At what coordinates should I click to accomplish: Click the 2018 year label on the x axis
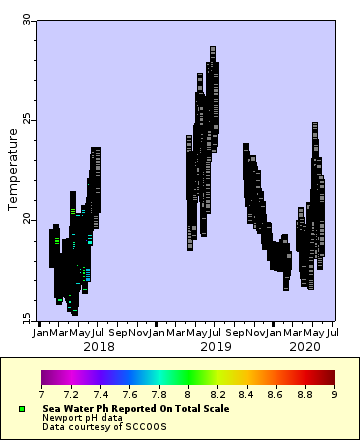coord(98,346)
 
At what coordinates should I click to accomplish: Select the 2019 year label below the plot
coord(215,346)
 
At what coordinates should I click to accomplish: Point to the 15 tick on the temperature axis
coord(27,320)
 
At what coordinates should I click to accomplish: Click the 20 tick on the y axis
coord(27,220)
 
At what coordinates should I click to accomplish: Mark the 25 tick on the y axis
coord(27,120)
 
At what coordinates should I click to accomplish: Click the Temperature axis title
coord(13,170)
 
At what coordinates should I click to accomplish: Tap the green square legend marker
coord(22,409)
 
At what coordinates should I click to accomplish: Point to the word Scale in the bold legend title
coord(215,409)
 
